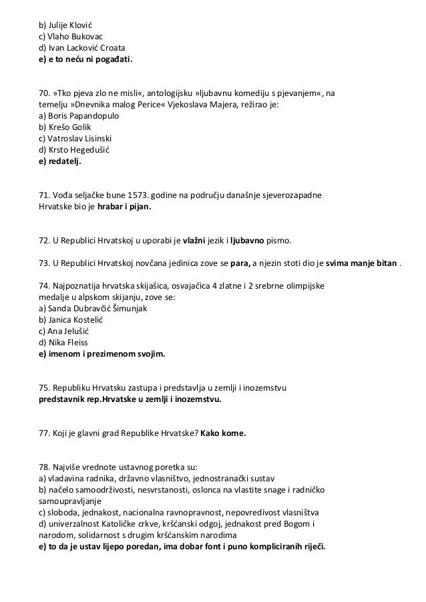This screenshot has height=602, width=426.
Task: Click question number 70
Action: pyautogui.click(x=44, y=90)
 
